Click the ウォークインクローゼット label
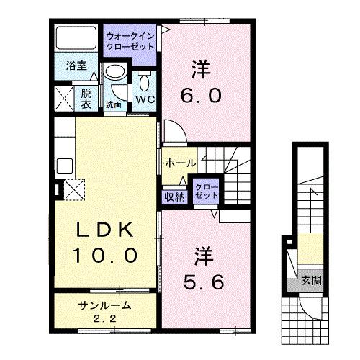click(x=130, y=40)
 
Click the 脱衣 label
click(x=86, y=96)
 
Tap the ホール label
click(x=179, y=163)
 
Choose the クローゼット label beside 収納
click(x=206, y=191)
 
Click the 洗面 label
click(x=114, y=104)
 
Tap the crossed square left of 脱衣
click(x=63, y=96)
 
